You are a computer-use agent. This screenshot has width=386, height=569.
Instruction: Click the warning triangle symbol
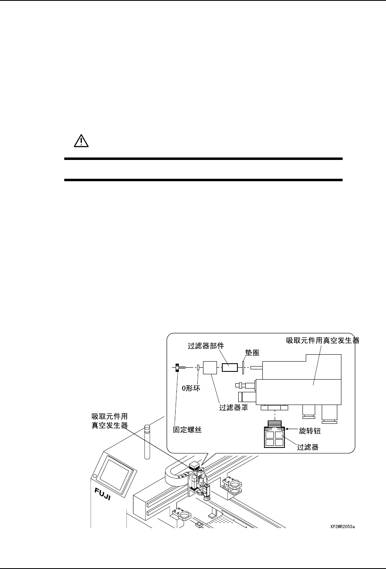tap(81, 141)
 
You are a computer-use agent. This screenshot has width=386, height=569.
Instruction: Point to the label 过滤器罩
tap(234, 408)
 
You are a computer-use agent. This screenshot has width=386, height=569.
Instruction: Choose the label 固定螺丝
tap(187, 430)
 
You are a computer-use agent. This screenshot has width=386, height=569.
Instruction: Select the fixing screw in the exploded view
tap(179, 367)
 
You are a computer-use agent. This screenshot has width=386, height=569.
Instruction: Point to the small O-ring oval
tap(199, 367)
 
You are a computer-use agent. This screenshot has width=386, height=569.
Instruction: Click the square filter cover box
tap(211, 367)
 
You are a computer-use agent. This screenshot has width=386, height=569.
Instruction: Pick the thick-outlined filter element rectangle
tap(230, 367)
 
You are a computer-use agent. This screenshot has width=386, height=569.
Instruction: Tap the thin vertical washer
tap(243, 367)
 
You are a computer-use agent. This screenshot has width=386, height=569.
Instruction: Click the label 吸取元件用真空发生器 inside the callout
tap(323, 340)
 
